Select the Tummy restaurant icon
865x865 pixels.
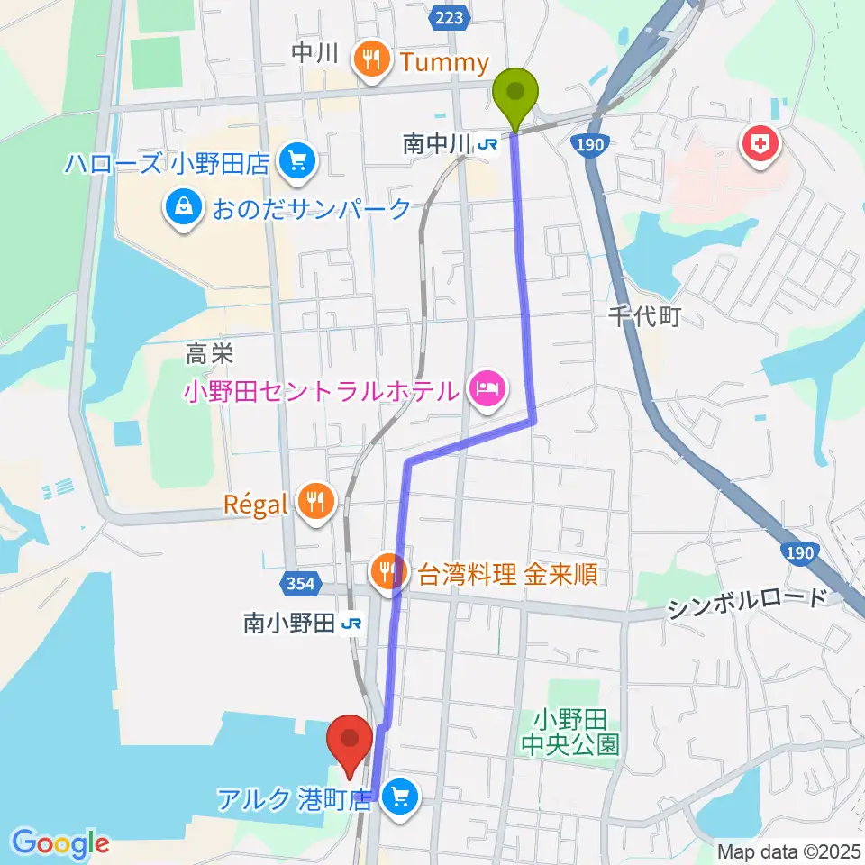370,60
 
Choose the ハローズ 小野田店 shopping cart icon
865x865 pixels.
296,162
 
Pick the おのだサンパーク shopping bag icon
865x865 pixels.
184,209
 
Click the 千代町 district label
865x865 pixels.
642,316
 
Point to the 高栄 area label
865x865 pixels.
210,355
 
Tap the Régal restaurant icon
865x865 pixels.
314,503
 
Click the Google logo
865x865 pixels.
60,843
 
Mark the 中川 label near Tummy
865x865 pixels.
314,54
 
